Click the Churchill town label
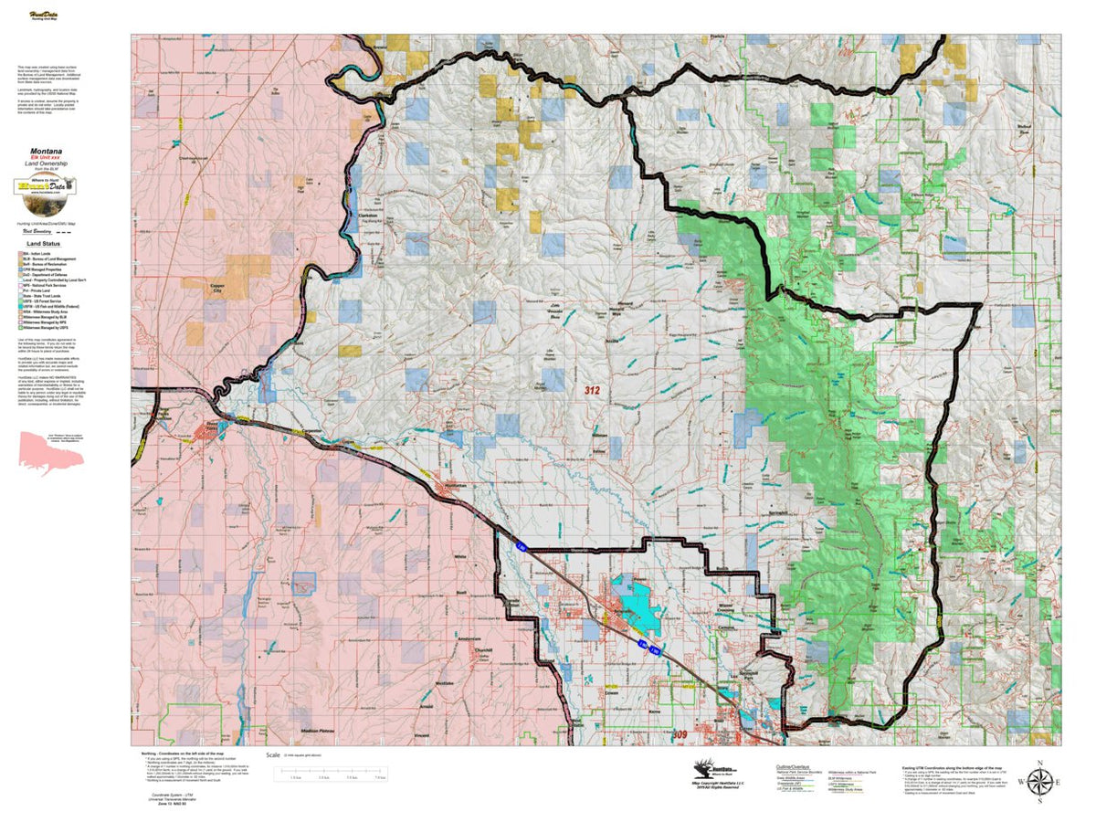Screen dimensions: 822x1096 point(484,649)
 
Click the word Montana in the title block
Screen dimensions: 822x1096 point(46,150)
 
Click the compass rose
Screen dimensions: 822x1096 point(1039,781)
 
